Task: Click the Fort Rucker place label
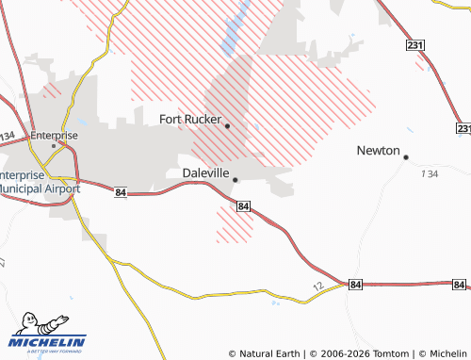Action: tap(189, 119)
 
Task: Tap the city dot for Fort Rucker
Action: tap(227, 125)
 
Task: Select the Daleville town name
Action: tap(204, 173)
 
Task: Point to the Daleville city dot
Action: tap(235, 180)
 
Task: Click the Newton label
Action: tap(379, 151)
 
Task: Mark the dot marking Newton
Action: tap(406, 157)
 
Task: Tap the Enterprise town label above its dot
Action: tap(54, 136)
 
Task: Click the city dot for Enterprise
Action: tap(55, 145)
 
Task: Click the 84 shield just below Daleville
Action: tap(243, 205)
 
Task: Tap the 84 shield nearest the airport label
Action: tap(120, 193)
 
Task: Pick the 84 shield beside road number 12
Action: tap(354, 284)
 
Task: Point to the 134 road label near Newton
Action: tap(430, 174)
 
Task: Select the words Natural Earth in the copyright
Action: tap(270, 354)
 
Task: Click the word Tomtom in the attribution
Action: tap(387, 354)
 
